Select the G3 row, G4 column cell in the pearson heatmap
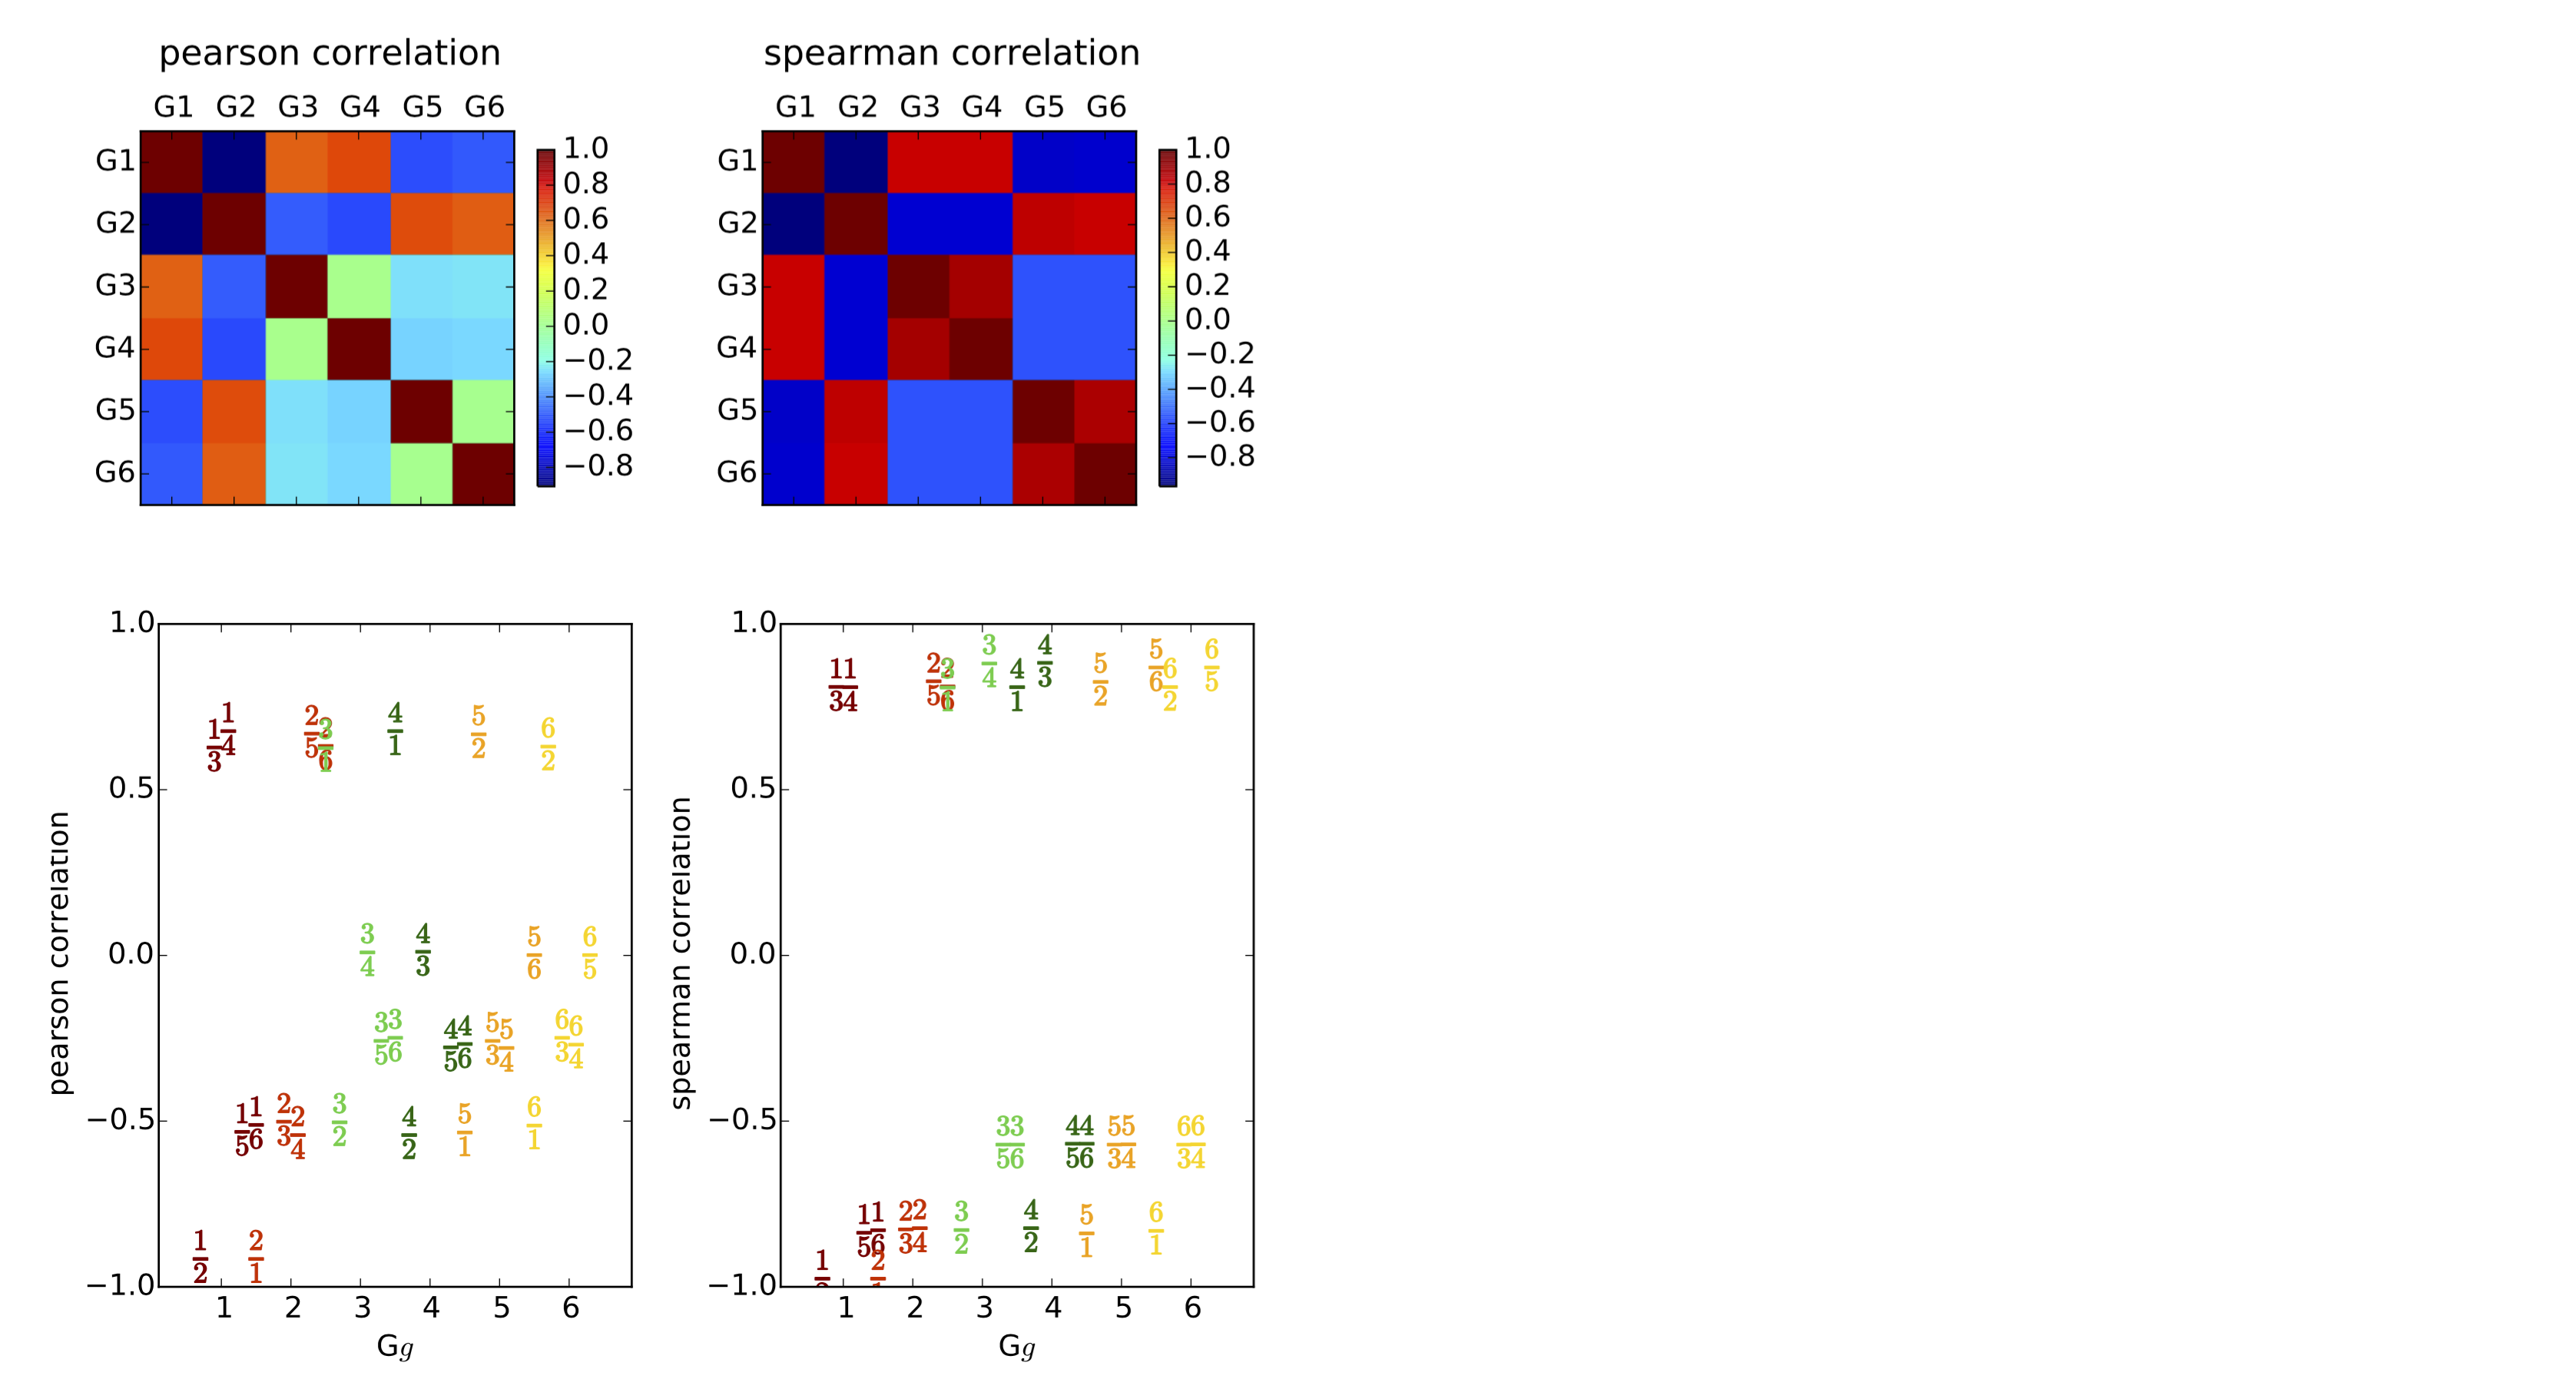click(359, 286)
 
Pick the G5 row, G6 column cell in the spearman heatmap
click(1105, 411)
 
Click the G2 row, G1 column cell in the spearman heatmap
click(794, 224)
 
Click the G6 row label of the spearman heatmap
click(736, 472)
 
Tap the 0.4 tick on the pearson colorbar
click(586, 254)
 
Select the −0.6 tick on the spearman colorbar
click(1219, 422)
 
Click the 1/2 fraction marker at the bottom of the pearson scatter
click(200, 1257)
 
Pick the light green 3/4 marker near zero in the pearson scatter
click(367, 950)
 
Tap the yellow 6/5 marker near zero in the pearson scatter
click(590, 953)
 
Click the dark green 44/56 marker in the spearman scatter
click(1079, 1142)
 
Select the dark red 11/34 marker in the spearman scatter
click(843, 685)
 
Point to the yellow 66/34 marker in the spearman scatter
click(1191, 1142)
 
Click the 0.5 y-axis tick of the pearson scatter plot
click(131, 789)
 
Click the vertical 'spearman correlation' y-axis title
click(681, 953)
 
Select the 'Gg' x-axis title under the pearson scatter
click(394, 1346)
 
